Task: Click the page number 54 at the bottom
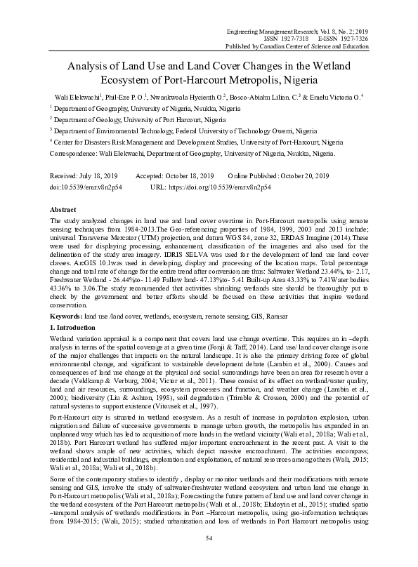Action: (209, 537)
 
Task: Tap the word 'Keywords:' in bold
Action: (65, 318)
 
